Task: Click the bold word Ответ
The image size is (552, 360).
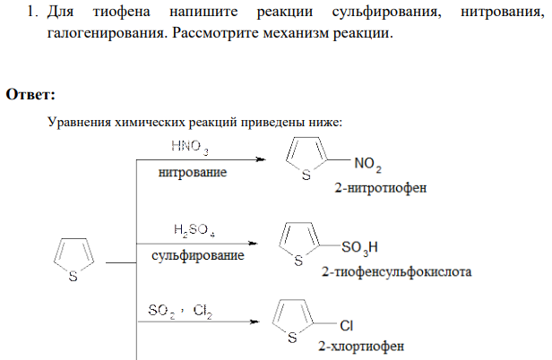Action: pyautogui.click(x=30, y=94)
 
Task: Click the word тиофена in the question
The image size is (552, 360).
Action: pyautogui.click(x=122, y=12)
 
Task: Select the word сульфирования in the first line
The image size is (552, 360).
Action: pyautogui.click(x=386, y=13)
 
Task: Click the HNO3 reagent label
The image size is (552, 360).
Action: pyautogui.click(x=190, y=147)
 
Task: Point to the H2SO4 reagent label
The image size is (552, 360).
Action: pyautogui.click(x=194, y=230)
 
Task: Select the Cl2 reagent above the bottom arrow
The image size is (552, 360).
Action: pyautogui.click(x=203, y=311)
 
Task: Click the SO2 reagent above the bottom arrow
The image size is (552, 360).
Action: pyautogui.click(x=161, y=311)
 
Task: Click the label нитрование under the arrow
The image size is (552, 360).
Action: pyautogui.click(x=193, y=173)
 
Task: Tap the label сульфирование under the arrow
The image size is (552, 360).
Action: pyautogui.click(x=198, y=255)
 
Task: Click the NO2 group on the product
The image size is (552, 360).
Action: pyautogui.click(x=368, y=165)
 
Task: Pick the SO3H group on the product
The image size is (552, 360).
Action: pyautogui.click(x=359, y=248)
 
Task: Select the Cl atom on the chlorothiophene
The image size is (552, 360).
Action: pyautogui.click(x=347, y=325)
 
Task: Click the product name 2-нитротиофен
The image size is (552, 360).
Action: pyautogui.click(x=381, y=188)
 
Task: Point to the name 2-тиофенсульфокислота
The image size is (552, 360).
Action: pyautogui.click(x=396, y=271)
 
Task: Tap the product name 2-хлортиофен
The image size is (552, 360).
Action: pyautogui.click(x=361, y=347)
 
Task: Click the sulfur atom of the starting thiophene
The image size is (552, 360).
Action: pyautogui.click(x=73, y=277)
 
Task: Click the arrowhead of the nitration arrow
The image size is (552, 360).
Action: pyautogui.click(x=261, y=159)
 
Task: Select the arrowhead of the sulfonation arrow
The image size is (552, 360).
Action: pyautogui.click(x=253, y=244)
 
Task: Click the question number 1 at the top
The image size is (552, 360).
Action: pyautogui.click(x=32, y=12)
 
